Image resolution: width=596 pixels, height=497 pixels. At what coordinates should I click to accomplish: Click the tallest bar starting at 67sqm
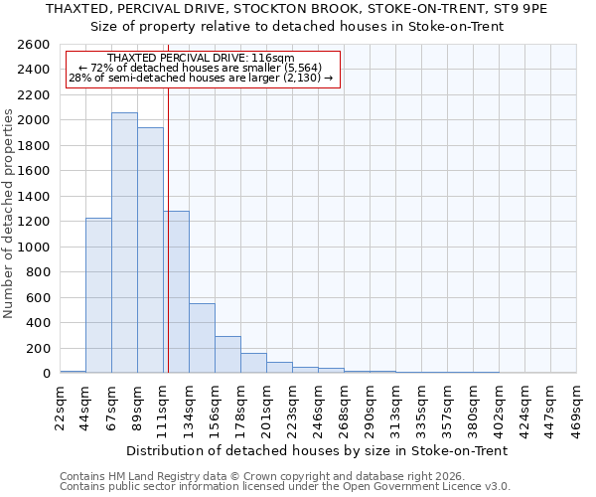pyautogui.click(x=124, y=243)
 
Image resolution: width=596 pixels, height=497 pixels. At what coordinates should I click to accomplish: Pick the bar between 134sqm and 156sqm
pyautogui.click(x=202, y=338)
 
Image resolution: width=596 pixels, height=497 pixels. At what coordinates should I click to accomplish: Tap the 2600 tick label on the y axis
pyautogui.click(x=34, y=45)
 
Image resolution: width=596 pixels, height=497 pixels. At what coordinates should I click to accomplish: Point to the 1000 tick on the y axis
pyautogui.click(x=34, y=248)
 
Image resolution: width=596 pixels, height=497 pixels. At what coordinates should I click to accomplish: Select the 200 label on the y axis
pyautogui.click(x=38, y=349)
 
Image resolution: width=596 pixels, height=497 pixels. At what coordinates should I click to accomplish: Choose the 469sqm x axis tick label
pyautogui.click(x=577, y=410)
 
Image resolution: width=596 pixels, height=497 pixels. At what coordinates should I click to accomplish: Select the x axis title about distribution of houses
pyautogui.click(x=318, y=450)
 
